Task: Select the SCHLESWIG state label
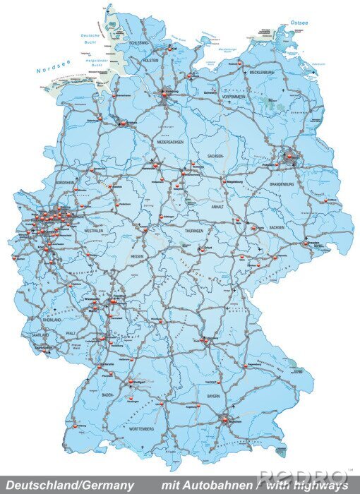click(138, 43)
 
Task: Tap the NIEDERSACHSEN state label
click(172, 142)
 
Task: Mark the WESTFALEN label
click(93, 231)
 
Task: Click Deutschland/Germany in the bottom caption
click(68, 486)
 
